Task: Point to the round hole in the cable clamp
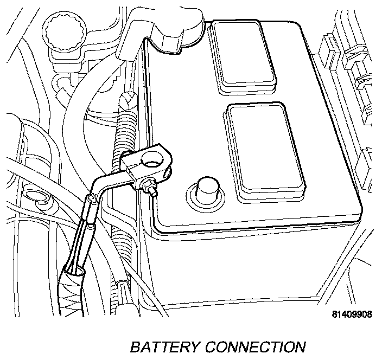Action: (151, 160)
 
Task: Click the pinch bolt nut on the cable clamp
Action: (149, 187)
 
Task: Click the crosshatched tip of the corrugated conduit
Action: (126, 101)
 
